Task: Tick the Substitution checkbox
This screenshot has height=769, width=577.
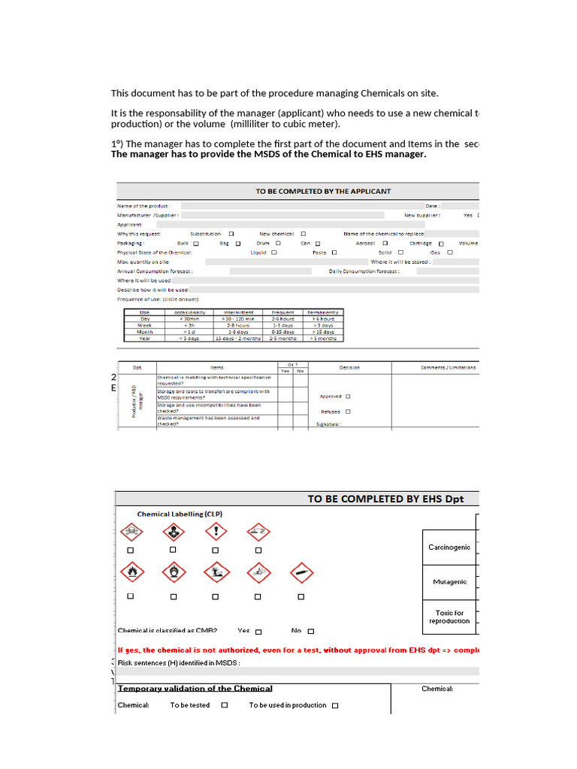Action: click(231, 234)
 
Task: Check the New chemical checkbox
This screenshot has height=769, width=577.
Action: click(303, 234)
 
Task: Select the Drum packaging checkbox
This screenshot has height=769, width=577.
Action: click(278, 243)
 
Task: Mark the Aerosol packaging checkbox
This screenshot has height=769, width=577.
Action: click(385, 243)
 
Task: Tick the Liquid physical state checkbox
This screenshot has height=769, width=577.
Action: click(274, 252)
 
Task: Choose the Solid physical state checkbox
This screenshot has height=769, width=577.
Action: click(401, 252)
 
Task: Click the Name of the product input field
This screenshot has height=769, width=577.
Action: click(301, 205)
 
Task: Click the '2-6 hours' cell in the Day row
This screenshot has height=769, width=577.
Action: click(282, 318)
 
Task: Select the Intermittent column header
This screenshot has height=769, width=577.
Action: click(238, 312)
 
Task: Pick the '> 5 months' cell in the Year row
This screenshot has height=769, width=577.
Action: click(323, 339)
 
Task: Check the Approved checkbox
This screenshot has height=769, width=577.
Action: click(348, 397)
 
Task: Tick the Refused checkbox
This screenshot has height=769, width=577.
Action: click(347, 412)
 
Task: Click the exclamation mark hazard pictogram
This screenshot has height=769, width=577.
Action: click(216, 532)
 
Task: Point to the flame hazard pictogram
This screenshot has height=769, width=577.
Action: click(131, 573)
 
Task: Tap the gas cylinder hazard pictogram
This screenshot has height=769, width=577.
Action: click(301, 573)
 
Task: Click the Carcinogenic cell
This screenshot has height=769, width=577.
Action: click(449, 547)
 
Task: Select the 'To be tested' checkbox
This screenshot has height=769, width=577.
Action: click(225, 706)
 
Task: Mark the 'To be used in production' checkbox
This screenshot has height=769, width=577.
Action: click(335, 706)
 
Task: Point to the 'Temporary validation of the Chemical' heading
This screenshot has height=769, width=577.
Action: click(195, 688)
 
